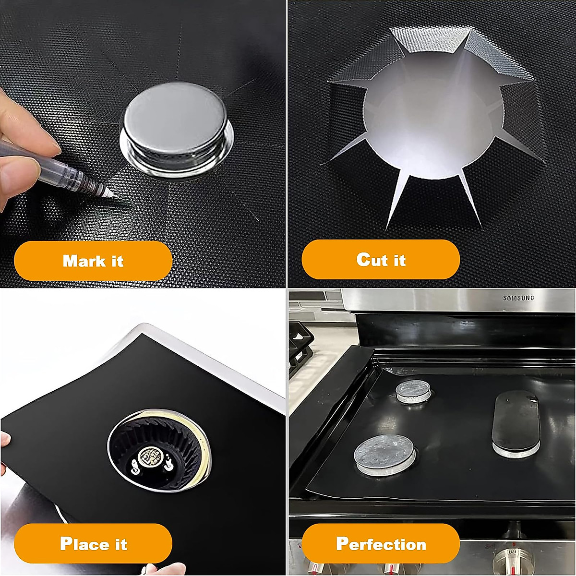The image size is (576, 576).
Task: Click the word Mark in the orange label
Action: [80, 261]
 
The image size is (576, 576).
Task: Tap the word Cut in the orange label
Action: [372, 260]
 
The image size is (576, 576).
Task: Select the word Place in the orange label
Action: [80, 543]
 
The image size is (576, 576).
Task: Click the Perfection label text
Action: [381, 543]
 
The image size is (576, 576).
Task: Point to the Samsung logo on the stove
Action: [518, 298]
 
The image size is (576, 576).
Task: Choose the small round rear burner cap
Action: [412, 390]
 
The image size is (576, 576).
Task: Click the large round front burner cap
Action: [385, 454]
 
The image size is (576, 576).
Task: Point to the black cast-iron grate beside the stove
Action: [300, 346]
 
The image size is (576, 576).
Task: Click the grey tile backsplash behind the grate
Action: [312, 307]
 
